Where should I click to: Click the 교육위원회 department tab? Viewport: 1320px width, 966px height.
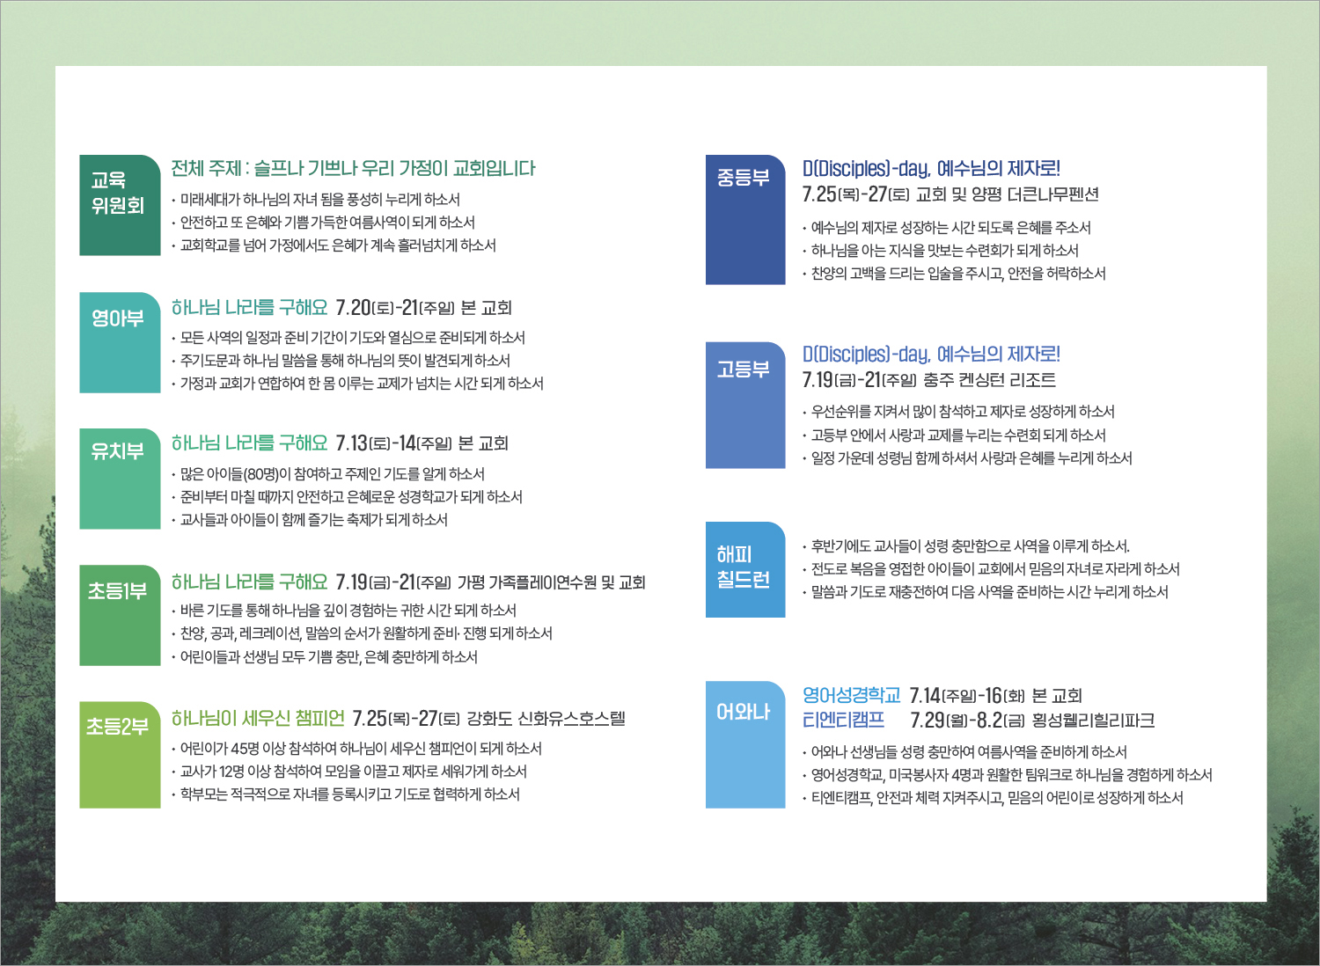pyautogui.click(x=120, y=205)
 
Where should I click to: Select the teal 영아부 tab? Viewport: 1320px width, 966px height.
pyautogui.click(x=120, y=342)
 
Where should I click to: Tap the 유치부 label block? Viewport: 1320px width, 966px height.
pyautogui.click(x=120, y=479)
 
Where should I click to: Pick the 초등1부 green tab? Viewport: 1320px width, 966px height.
pyautogui.click(x=120, y=615)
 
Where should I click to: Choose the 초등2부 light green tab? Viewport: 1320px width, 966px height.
pyautogui.click(x=120, y=755)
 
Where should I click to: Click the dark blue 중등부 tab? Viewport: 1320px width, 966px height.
pyautogui.click(x=745, y=220)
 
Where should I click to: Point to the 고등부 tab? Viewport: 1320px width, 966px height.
pyautogui.click(x=745, y=406)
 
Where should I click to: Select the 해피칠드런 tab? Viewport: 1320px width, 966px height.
pyautogui.click(x=745, y=569)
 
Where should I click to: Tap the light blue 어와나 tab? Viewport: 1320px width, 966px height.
pyautogui.click(x=745, y=744)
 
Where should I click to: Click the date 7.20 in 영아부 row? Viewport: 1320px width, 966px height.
pyautogui.click(x=353, y=307)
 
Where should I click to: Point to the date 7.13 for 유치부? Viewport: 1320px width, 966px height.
pyautogui.click(x=350, y=443)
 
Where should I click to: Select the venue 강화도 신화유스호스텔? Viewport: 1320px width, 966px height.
pyautogui.click(x=546, y=719)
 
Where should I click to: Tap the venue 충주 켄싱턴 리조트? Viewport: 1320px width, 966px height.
pyautogui.click(x=989, y=380)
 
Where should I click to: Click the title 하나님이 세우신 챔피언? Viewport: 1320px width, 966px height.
pyautogui.click(x=258, y=718)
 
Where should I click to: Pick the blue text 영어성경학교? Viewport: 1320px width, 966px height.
pyautogui.click(x=851, y=696)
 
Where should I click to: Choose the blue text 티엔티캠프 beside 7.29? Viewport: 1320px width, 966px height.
pyautogui.click(x=843, y=721)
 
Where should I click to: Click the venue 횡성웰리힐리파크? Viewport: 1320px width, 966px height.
pyautogui.click(x=1093, y=721)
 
